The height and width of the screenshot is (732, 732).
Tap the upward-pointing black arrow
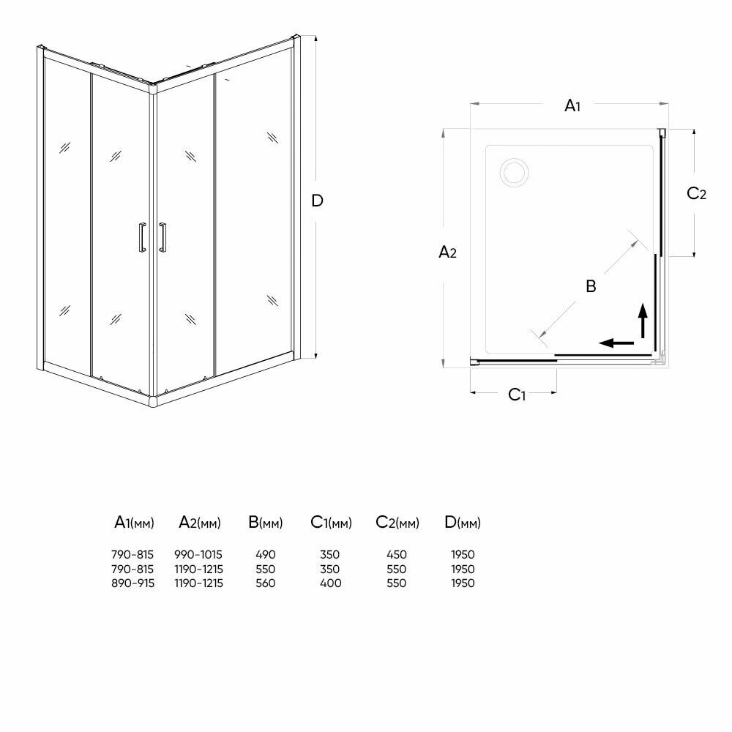click(x=643, y=320)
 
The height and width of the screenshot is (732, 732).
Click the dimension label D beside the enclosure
click(x=317, y=200)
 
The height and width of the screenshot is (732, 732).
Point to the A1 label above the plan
click(x=572, y=106)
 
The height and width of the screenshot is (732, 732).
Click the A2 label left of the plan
click(x=447, y=253)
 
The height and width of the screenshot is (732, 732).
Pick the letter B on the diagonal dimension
click(x=591, y=285)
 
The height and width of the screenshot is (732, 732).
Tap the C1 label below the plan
click(x=517, y=395)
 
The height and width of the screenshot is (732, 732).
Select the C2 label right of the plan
click(x=696, y=193)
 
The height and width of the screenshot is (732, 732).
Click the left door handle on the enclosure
click(x=140, y=238)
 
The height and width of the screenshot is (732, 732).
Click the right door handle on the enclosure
click(x=163, y=238)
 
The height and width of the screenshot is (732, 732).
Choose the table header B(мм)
click(x=265, y=523)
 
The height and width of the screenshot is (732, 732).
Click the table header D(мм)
click(x=463, y=523)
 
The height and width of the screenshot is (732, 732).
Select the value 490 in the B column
click(x=266, y=555)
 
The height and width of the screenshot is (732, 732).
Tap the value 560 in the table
click(x=266, y=583)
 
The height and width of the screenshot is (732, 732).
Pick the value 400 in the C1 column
click(x=330, y=583)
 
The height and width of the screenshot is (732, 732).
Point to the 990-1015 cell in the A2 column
click(x=198, y=555)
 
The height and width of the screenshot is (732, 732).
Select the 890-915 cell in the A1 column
click(x=133, y=583)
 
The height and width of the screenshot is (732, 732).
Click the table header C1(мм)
click(x=331, y=523)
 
